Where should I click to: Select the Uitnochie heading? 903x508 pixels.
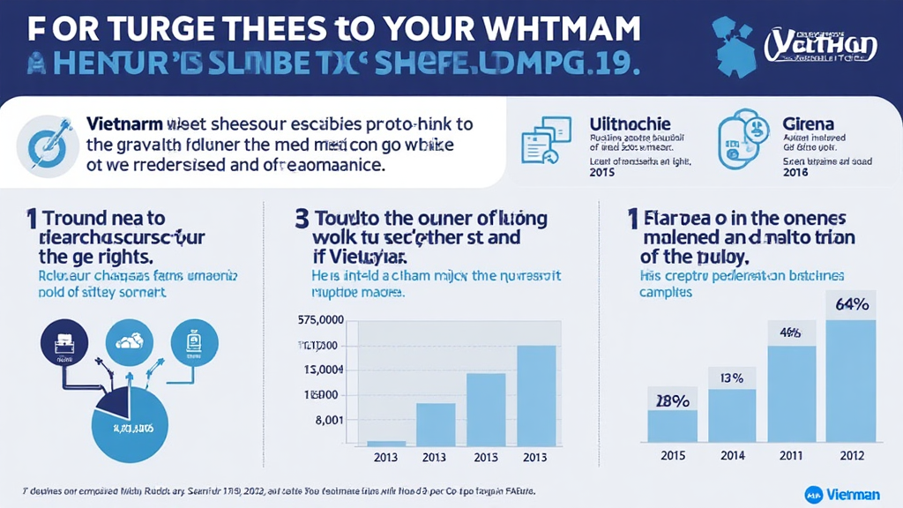tap(628, 124)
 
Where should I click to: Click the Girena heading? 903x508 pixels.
tap(809, 124)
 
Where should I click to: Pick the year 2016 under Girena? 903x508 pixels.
tap(795, 173)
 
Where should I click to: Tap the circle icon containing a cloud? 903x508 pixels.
tap(130, 341)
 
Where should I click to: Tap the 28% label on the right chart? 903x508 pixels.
tap(672, 400)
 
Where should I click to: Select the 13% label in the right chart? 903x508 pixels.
tap(732, 378)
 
